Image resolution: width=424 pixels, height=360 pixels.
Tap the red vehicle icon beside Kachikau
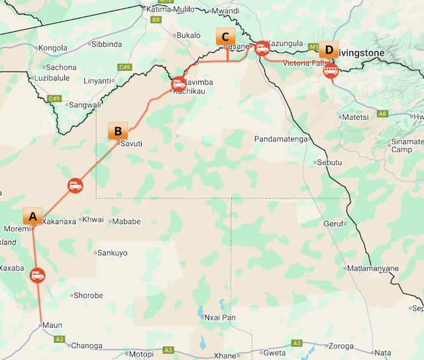[178, 84]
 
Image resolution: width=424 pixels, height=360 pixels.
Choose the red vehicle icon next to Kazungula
[262, 48]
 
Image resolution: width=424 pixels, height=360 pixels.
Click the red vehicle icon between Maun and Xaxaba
[38, 275]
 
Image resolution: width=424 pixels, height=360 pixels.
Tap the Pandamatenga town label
[282, 139]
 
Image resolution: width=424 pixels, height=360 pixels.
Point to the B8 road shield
[156, 21]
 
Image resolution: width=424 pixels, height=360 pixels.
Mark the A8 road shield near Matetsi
[382, 113]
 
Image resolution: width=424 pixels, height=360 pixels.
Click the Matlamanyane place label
[374, 268]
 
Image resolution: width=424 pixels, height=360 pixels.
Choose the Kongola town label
[53, 48]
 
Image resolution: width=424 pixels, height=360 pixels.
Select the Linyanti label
[97, 81]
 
